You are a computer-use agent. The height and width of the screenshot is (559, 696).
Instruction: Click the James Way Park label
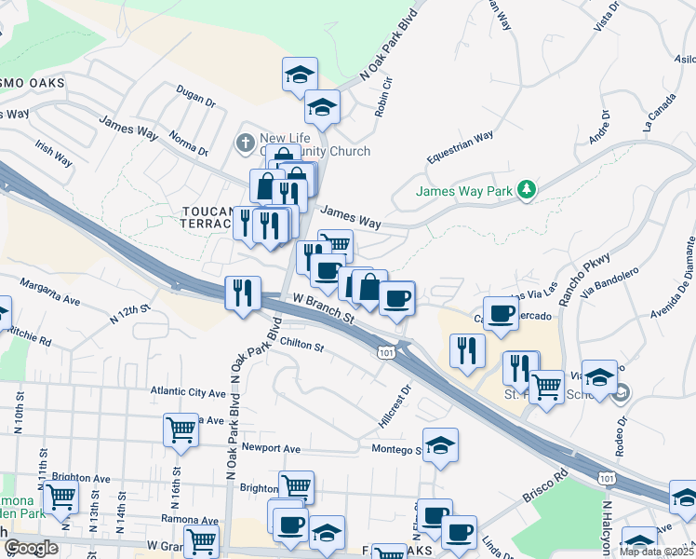[464, 191]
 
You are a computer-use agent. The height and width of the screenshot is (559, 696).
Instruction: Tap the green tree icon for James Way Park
[528, 190]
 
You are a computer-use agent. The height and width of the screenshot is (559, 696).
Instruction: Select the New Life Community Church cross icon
[245, 143]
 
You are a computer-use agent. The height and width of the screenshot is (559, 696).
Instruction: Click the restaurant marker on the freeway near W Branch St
[243, 293]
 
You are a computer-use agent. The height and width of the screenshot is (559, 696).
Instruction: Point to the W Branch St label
[325, 308]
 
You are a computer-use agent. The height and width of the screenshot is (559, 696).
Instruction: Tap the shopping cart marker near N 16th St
[181, 429]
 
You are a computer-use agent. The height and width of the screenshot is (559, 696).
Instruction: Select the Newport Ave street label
[271, 448]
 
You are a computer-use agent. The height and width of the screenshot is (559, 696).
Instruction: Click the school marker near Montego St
[440, 444]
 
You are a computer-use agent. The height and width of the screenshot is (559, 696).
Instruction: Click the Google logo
[32, 548]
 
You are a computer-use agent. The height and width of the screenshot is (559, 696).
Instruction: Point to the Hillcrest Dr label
[395, 407]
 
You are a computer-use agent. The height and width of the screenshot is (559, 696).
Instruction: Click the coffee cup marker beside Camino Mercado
[501, 313]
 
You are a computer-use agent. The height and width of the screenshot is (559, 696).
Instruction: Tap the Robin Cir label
[383, 97]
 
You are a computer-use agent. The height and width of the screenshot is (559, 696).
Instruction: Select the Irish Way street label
[53, 153]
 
